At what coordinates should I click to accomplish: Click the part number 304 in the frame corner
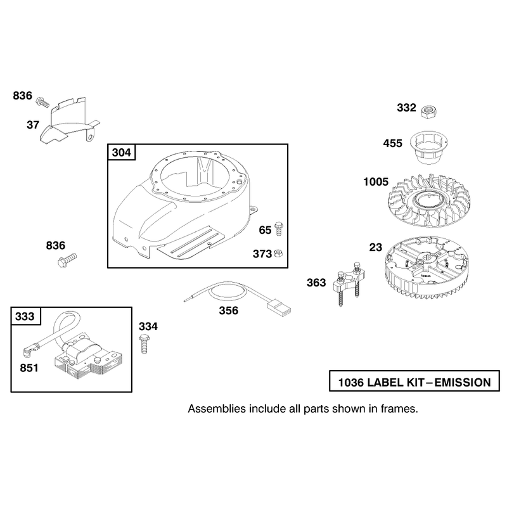pos(122,152)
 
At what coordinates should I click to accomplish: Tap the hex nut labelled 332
pos(429,112)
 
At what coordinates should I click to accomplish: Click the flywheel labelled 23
pos(427,268)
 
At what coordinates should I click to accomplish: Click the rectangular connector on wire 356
pos(278,307)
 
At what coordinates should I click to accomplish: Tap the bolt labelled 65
pos(279,229)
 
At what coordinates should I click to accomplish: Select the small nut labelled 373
pos(278,253)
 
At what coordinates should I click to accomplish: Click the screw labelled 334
pos(144,344)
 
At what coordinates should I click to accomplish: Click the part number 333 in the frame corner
pos(25,316)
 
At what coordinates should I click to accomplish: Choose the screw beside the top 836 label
pos(42,101)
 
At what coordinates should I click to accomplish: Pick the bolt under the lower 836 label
pos(67,260)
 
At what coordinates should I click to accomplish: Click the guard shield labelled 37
pos(70,120)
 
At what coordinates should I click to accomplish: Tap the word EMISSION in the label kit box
pos(463,383)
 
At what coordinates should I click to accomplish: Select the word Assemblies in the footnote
pos(217,409)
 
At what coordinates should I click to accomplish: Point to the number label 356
pos(229,311)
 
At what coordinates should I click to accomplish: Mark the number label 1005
pos(376,182)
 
